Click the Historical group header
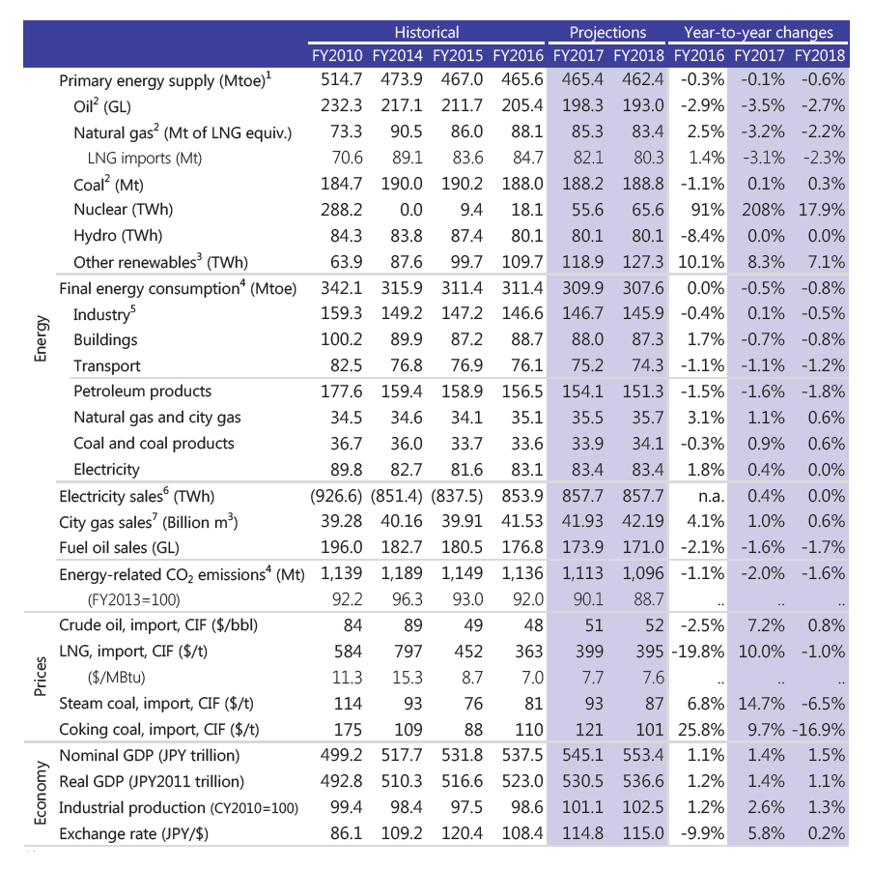click(427, 33)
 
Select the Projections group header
click(607, 33)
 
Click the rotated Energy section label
click(40, 339)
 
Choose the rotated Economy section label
click(40, 793)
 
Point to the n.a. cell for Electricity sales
click(706, 496)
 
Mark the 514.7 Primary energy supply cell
click(343, 81)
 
